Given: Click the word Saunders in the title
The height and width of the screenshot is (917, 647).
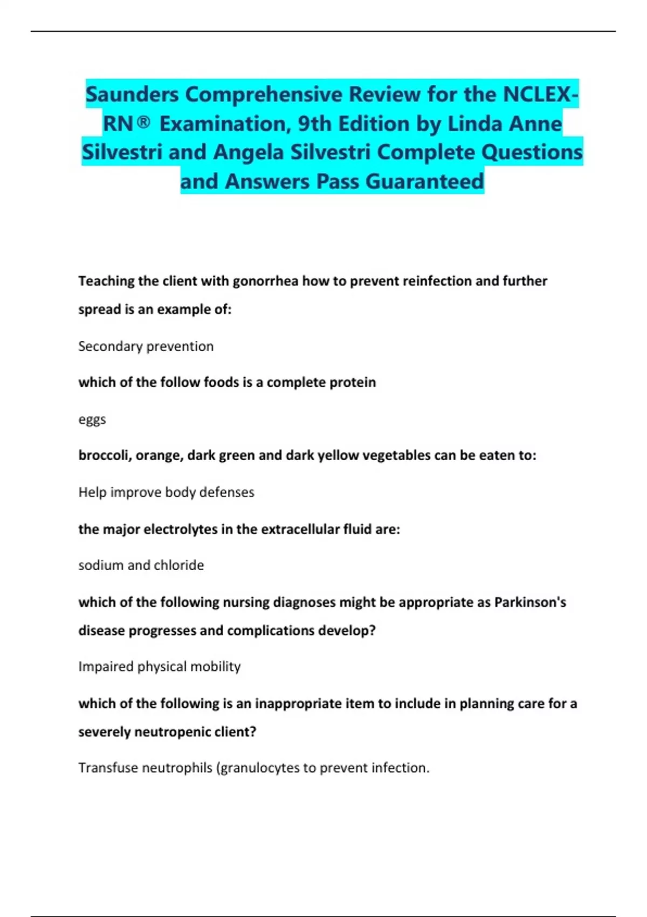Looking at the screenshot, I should point(132,94).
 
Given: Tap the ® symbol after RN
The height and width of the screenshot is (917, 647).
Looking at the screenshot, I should point(143,124).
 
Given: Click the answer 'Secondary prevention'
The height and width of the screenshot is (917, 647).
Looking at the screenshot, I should point(146,346).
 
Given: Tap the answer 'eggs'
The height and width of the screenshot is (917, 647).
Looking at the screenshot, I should point(92,420).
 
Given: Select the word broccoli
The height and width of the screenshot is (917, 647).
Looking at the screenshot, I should point(104,456).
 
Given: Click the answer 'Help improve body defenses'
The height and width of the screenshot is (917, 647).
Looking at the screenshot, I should point(166,492).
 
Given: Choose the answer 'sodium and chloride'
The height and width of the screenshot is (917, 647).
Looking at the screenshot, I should point(141,565).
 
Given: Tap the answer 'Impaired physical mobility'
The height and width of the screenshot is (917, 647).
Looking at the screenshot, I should point(160,667).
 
